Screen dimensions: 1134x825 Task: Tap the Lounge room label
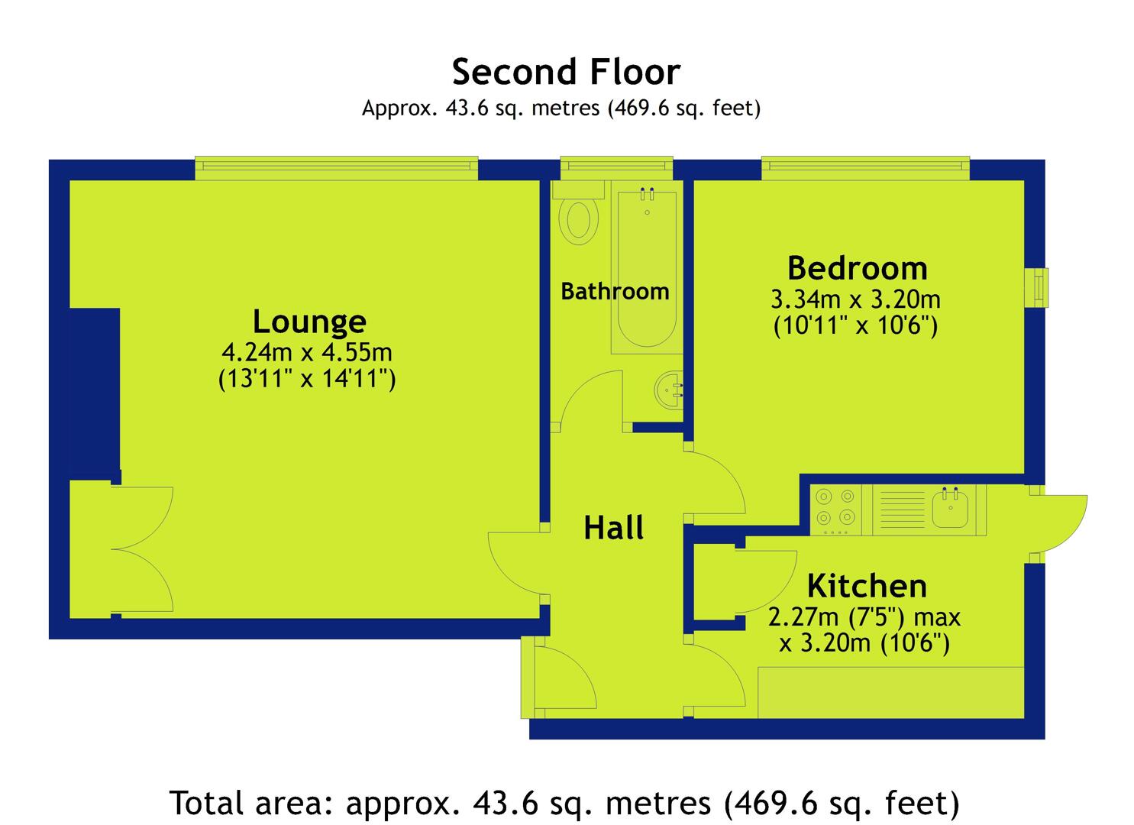click(x=309, y=322)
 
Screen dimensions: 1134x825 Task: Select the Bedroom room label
click(x=858, y=268)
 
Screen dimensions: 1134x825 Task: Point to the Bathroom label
click(x=615, y=291)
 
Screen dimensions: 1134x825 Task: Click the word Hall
click(x=613, y=527)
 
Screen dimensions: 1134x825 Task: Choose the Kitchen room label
click(x=867, y=586)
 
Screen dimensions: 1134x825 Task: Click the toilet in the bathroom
click(x=579, y=213)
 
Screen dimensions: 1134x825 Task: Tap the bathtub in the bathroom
click(x=647, y=267)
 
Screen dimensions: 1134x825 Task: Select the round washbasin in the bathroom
click(x=669, y=390)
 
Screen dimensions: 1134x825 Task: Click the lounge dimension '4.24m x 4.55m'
click(x=307, y=352)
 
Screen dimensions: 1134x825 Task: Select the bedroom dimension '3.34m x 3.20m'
click(x=855, y=299)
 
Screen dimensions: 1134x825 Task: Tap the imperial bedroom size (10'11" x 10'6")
click(x=855, y=325)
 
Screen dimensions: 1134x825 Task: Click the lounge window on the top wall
click(x=337, y=168)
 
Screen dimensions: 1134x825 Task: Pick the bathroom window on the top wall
click(x=616, y=168)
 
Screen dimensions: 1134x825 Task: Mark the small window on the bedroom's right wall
click(x=1037, y=287)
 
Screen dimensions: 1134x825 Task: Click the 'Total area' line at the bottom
click(x=564, y=803)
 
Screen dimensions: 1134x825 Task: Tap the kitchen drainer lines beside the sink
click(x=902, y=510)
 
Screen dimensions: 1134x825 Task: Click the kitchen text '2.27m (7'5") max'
click(x=864, y=617)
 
